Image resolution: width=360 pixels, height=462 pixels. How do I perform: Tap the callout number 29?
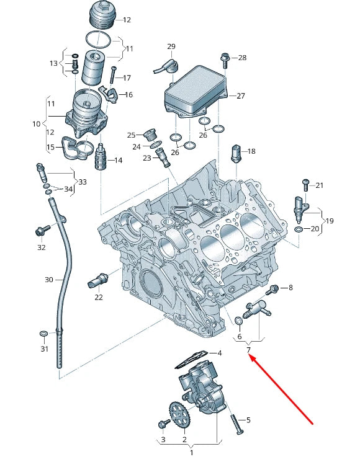point(171,47)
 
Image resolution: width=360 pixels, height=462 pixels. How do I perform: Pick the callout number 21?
point(320,185)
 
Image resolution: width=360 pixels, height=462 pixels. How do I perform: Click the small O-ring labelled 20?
point(299,229)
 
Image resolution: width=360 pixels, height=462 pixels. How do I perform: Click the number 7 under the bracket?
point(248,351)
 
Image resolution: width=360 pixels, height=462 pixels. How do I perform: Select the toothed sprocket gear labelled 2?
point(179,416)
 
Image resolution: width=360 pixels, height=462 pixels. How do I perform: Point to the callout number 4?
point(218,353)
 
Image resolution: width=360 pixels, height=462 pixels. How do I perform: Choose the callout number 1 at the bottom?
point(192,453)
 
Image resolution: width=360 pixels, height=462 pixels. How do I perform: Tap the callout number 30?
point(49,280)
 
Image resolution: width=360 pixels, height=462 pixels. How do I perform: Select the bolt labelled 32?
point(42,232)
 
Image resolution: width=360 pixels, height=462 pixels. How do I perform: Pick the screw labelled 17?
point(113,75)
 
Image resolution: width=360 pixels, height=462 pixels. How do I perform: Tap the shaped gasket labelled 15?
point(78,149)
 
